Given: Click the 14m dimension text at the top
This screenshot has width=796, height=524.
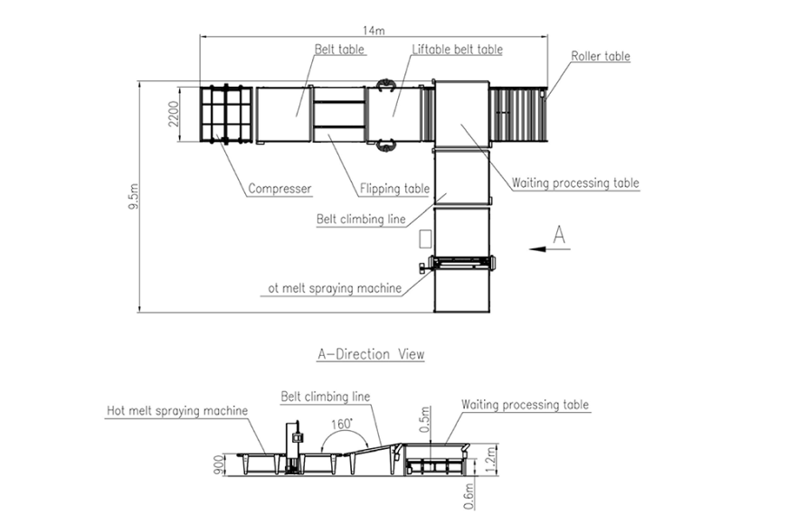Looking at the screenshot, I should (x=375, y=30).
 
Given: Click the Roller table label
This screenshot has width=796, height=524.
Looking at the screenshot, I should (x=600, y=56).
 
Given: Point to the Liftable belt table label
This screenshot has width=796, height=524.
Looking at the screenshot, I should (x=457, y=50).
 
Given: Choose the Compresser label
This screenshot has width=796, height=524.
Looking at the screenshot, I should (x=280, y=189).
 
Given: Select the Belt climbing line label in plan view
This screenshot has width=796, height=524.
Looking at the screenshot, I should (x=361, y=219).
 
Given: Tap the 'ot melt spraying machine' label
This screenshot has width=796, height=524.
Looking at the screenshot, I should (x=334, y=288).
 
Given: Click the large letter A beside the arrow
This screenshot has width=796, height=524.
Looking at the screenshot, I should (x=559, y=236).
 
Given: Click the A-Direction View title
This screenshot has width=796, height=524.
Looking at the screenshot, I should (x=370, y=354).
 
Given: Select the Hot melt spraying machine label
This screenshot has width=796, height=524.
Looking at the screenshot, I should (x=176, y=411).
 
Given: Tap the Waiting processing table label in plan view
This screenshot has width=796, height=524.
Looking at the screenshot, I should (x=574, y=182).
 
